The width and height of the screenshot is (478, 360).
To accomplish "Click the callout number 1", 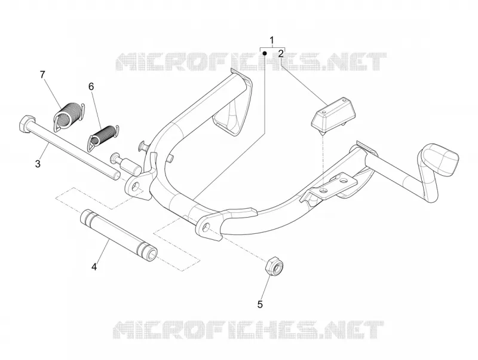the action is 272,40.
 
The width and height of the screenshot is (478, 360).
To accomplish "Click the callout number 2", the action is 281,54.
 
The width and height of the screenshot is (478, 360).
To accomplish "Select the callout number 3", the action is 38,164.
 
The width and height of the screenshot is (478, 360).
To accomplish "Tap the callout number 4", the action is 94,267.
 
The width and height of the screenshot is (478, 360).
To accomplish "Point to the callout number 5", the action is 260,304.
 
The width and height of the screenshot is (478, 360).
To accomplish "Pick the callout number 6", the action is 91,87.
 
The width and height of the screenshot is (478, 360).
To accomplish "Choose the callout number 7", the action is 42,74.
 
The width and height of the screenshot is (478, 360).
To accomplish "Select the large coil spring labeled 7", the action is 69,116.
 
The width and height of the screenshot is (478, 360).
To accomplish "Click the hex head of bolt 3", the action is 25,124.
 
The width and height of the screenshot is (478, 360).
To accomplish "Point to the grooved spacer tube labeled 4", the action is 119,236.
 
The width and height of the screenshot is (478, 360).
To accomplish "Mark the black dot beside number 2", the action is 265,53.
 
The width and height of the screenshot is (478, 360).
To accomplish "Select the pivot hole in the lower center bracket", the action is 206,227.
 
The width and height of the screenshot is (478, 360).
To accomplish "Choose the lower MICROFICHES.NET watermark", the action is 248,330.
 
